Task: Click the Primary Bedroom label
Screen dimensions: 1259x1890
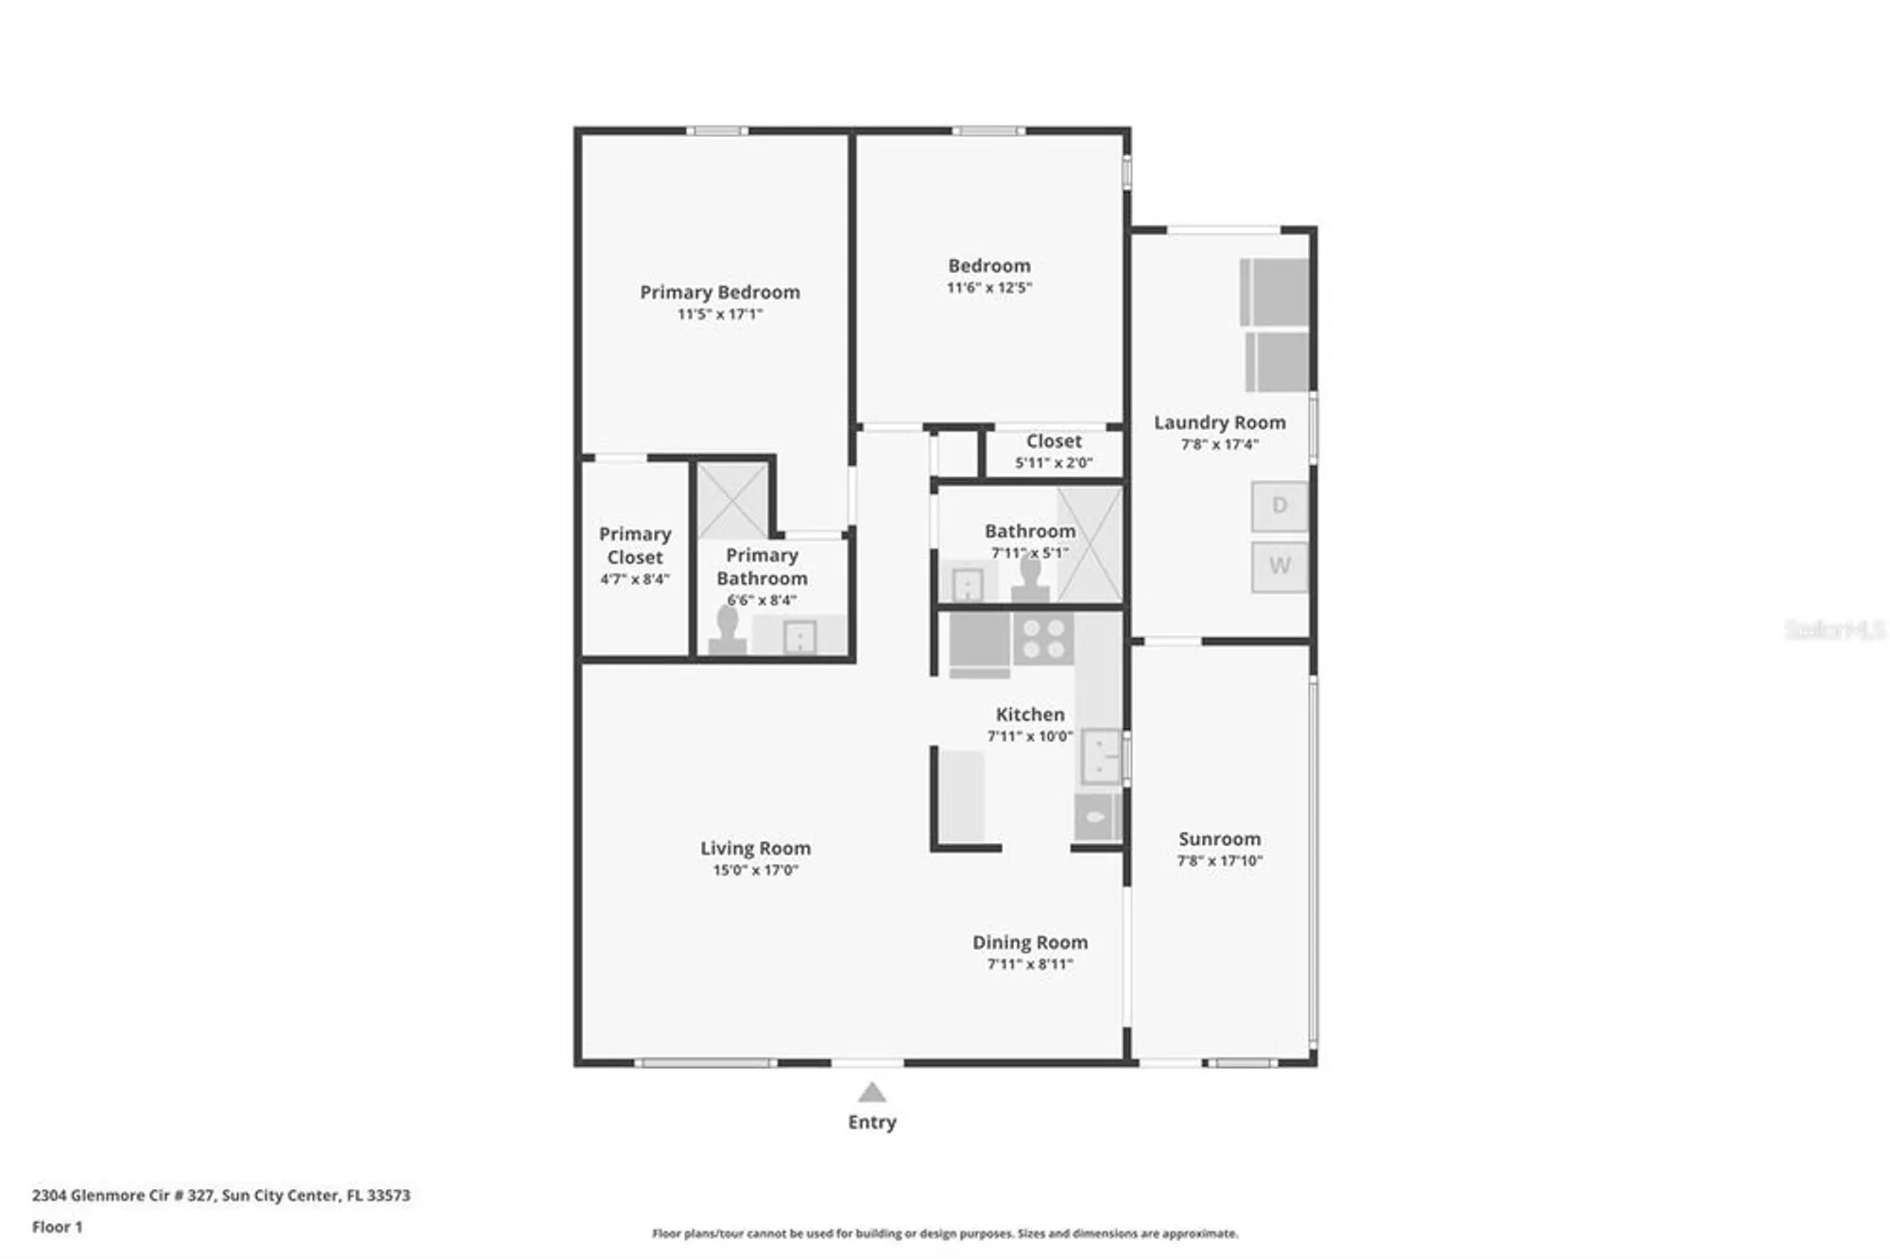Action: tap(719, 292)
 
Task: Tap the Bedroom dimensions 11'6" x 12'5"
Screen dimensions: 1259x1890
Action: tap(988, 287)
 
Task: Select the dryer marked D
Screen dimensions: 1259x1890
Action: tap(1279, 506)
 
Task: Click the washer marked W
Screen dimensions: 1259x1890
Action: tap(1279, 566)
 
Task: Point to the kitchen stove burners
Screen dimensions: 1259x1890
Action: tap(1043, 639)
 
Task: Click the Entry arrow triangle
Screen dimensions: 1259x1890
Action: tap(871, 1094)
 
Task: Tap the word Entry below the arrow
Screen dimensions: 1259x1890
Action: tap(871, 1122)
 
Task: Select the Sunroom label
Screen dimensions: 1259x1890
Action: tap(1219, 838)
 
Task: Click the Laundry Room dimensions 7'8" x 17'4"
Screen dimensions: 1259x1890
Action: tap(1219, 444)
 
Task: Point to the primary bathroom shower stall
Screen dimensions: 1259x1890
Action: tap(732, 500)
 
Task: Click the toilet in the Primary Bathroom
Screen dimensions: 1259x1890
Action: tap(727, 631)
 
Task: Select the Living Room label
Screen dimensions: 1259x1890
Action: tap(755, 848)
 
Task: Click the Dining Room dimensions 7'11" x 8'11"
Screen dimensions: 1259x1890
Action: tap(1029, 964)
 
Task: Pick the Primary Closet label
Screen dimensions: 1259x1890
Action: tap(634, 545)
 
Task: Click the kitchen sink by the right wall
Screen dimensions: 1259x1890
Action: tap(1100, 756)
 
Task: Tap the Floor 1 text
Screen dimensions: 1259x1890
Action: tap(58, 1227)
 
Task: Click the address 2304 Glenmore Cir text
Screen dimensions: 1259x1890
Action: tap(221, 1195)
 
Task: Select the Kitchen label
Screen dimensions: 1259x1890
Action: tap(1029, 715)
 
